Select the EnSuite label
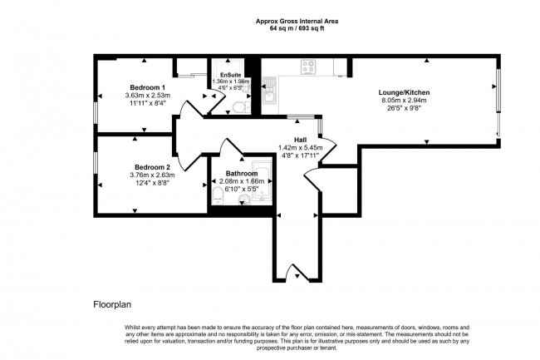coord(231,75)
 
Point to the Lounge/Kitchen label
coord(404,92)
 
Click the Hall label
coord(300,140)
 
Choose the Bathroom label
coord(242,173)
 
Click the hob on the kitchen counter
coord(308,67)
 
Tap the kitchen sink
coord(269,90)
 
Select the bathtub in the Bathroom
coord(262,181)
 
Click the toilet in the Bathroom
coord(218,195)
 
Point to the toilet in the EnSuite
coord(242,107)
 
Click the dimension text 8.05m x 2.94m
coord(404,101)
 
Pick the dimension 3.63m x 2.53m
coord(147,95)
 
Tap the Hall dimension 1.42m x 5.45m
coord(300,148)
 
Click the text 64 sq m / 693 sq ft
coord(297,28)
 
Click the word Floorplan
coord(112,304)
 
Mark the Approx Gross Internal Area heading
coord(297,21)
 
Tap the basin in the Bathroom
coord(243,199)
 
